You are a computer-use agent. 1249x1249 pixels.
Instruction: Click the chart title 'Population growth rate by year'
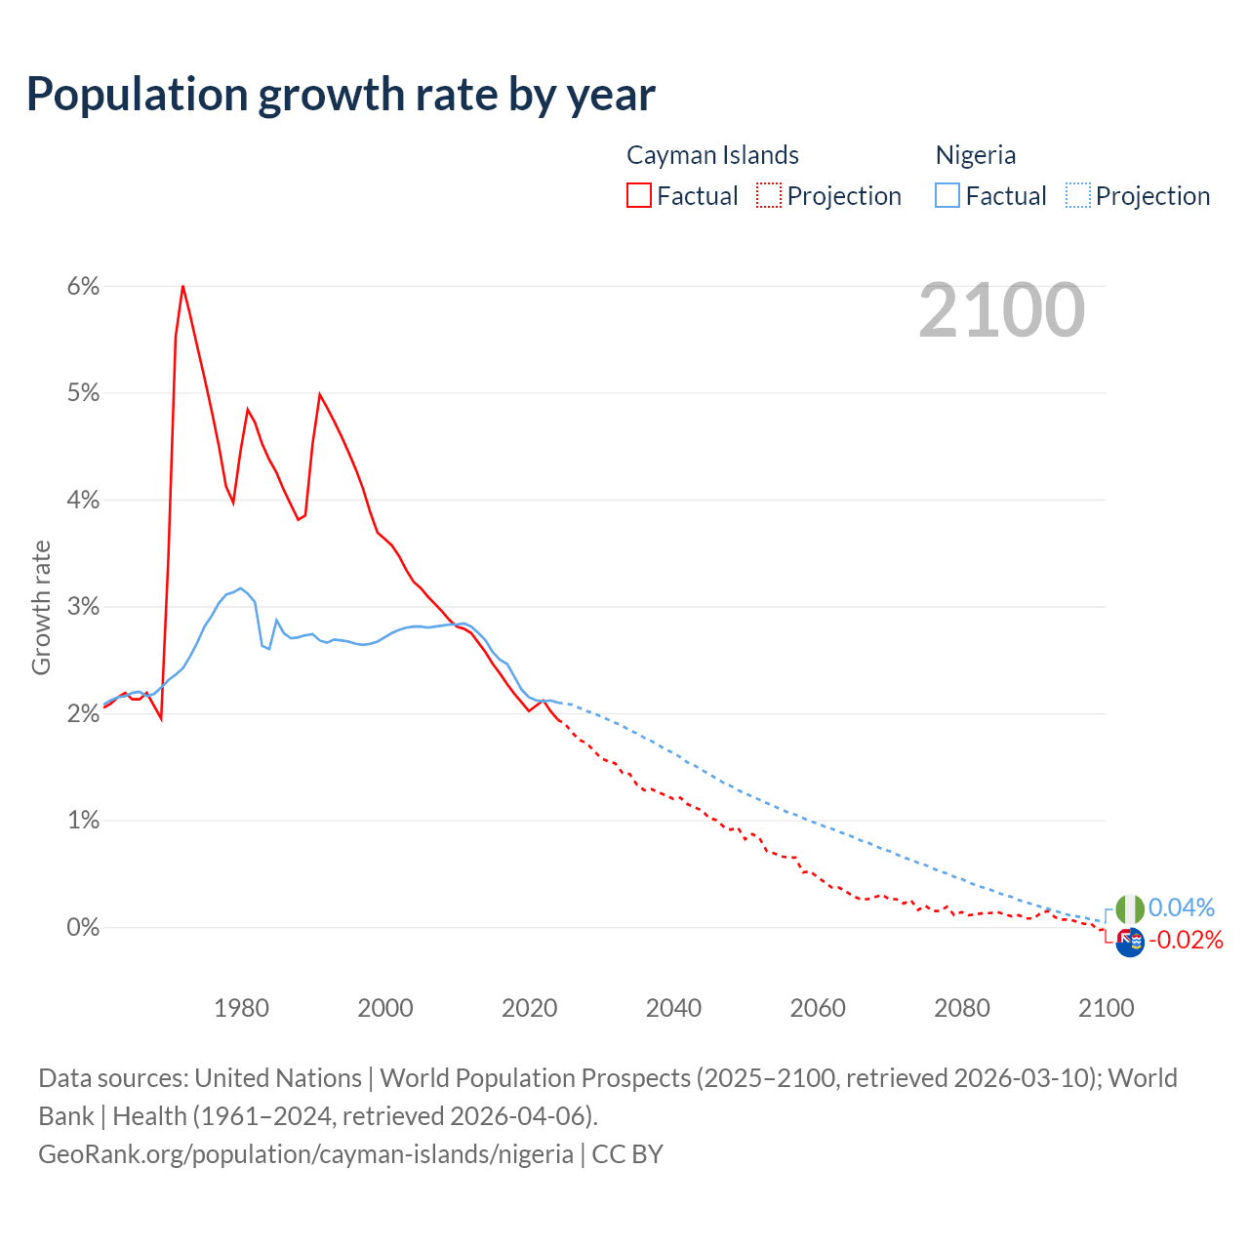341,95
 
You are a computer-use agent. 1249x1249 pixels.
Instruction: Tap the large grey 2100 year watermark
1001,310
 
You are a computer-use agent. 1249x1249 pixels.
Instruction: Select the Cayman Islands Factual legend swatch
639,195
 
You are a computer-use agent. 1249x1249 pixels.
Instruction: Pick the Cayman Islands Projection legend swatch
769,195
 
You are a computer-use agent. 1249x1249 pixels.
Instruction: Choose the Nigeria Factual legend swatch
947,195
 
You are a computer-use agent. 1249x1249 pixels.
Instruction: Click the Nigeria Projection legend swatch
1077,195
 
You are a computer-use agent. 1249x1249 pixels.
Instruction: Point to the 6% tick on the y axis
83,286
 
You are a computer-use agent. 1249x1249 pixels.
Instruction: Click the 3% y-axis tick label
83,607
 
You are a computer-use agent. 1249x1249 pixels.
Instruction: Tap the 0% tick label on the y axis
83,927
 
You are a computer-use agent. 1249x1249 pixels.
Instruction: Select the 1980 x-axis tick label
241,1008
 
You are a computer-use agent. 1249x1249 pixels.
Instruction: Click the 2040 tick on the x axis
673,1008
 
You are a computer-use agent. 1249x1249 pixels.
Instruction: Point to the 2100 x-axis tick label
1106,1008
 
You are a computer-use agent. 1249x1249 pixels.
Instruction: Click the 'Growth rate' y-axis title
41,607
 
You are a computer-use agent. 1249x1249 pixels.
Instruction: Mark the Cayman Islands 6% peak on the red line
182,286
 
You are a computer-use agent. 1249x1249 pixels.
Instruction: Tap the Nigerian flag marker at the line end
1129,909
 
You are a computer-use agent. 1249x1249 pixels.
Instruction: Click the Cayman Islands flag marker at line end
1129,943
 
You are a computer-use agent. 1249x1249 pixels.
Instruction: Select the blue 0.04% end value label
1182,907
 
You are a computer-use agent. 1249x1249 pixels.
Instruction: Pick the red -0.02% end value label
1186,940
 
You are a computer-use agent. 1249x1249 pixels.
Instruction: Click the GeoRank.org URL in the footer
305,1154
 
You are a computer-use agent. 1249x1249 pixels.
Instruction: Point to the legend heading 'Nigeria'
976,155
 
